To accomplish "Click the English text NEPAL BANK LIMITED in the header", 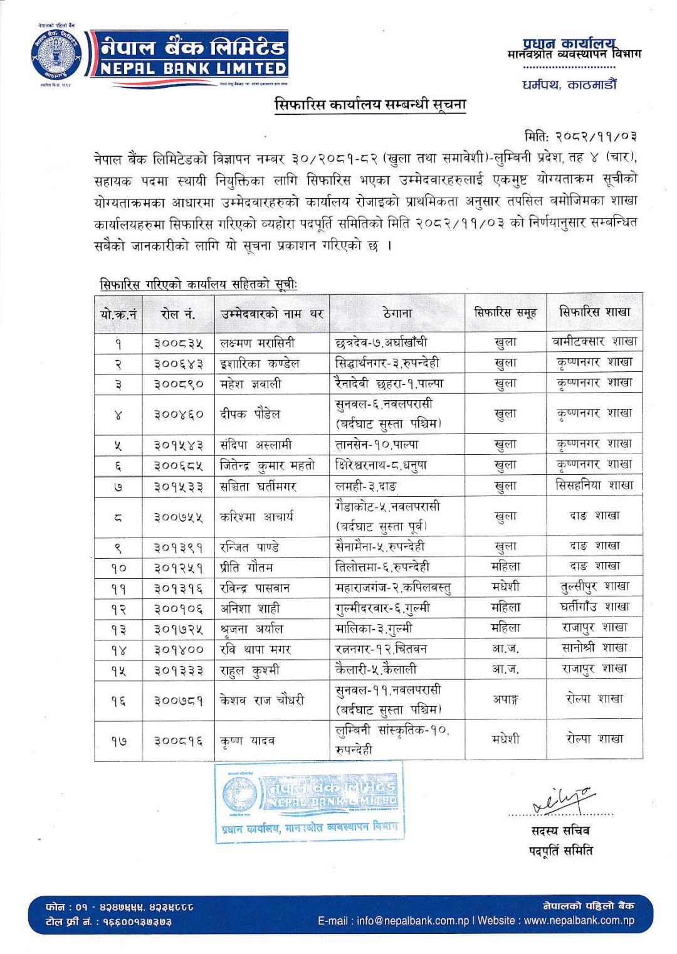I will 193,68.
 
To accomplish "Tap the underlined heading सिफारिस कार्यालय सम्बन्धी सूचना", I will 370,104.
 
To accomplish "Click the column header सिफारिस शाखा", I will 594,312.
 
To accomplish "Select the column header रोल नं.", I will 178,314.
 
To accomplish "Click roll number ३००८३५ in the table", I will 178,342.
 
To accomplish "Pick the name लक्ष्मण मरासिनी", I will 257,342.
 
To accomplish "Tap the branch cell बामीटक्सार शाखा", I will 594,341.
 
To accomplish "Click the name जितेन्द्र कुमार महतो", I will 267,465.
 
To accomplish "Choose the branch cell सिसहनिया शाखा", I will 594,485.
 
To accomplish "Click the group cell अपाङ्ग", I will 505,699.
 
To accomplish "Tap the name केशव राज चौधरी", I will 262,699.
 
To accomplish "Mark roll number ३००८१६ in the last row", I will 178,741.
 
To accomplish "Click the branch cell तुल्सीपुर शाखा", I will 594,587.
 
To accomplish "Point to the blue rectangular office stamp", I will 309,802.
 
